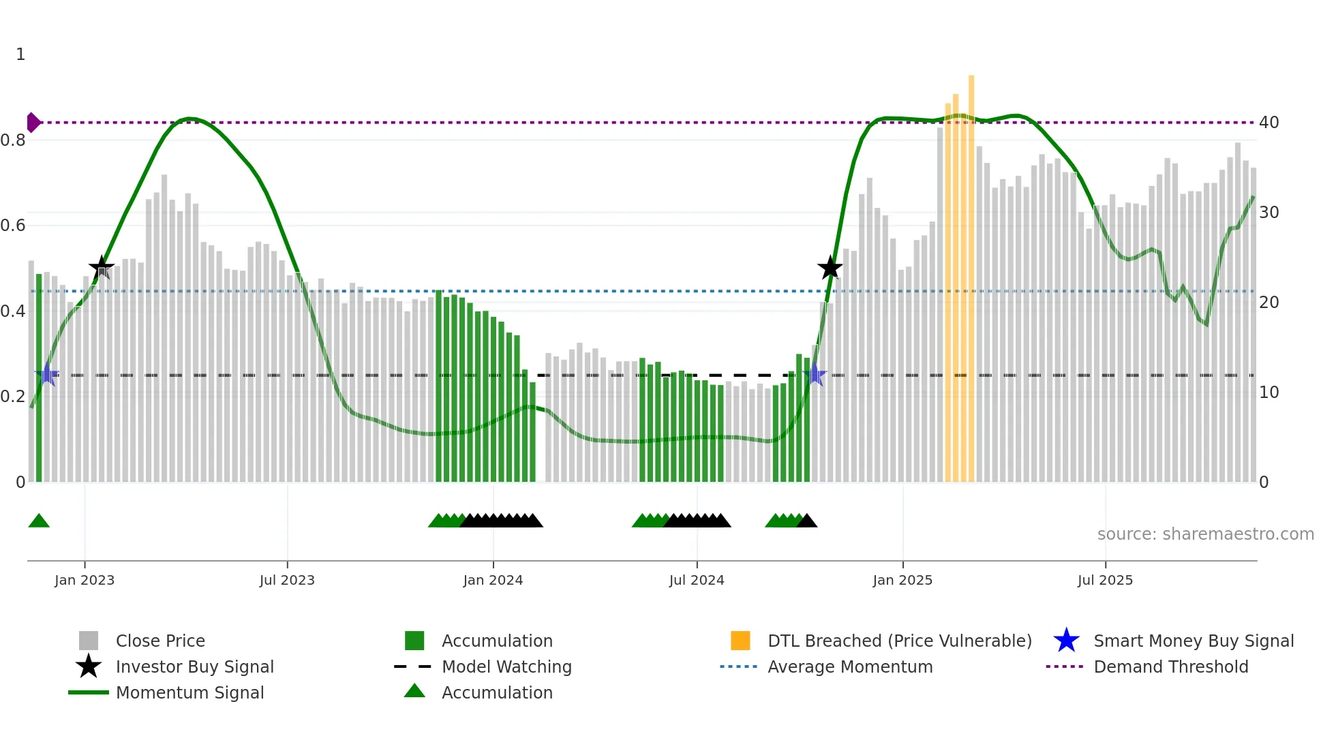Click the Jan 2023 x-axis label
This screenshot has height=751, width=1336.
(x=85, y=580)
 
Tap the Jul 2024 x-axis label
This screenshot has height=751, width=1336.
(x=697, y=580)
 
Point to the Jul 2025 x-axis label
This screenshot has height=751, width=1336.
(x=1105, y=580)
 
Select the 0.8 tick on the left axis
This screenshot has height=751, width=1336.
(x=13, y=140)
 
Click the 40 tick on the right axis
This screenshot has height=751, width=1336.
(x=1269, y=123)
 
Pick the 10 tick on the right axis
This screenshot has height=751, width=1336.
(x=1269, y=393)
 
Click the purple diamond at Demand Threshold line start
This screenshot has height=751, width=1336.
(x=33, y=123)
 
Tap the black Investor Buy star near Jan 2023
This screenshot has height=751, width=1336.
(x=102, y=268)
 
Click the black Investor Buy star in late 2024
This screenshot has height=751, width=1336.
(x=830, y=268)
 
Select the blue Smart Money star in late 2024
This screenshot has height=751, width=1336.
(x=815, y=375)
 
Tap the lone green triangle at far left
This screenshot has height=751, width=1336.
(x=39, y=521)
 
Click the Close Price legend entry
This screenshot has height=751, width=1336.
(x=160, y=641)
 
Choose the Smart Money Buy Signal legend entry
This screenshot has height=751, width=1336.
(x=1193, y=641)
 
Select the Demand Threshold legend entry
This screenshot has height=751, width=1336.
(x=1170, y=666)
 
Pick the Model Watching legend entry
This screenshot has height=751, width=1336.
(x=506, y=666)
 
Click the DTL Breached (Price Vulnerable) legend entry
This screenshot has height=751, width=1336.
(x=899, y=641)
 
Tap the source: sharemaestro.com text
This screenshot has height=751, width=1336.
(x=1205, y=534)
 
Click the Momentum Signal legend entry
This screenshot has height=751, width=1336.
(x=189, y=692)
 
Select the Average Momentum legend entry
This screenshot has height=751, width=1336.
(x=849, y=666)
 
